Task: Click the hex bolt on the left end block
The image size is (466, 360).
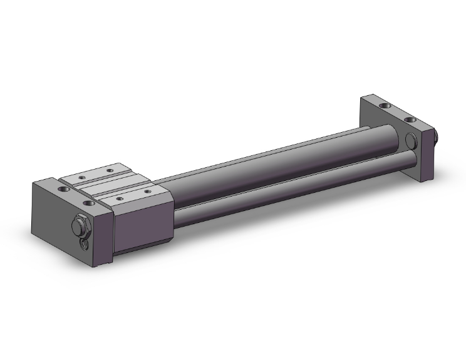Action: click(x=80, y=225)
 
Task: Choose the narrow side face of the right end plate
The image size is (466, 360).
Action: click(x=428, y=156)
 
